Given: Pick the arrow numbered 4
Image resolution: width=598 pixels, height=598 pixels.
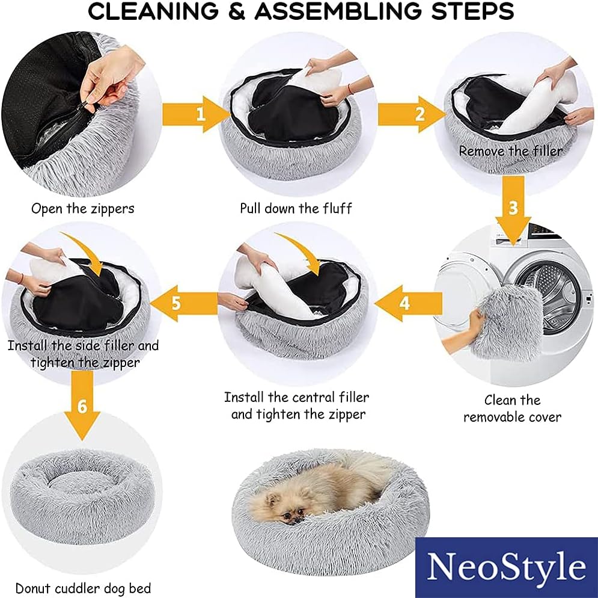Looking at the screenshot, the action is [409, 304].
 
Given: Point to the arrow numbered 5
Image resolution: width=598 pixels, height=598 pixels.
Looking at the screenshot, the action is [184, 304].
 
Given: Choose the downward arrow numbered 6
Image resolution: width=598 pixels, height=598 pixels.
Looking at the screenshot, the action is [82, 405].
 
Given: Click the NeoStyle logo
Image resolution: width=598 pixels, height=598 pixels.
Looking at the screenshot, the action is [507, 567].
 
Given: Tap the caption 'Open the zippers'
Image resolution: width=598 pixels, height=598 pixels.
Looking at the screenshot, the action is [83, 209].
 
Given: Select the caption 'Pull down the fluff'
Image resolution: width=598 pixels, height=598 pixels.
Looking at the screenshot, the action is [296, 209].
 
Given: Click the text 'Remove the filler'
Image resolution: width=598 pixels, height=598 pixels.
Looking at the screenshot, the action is [511, 151].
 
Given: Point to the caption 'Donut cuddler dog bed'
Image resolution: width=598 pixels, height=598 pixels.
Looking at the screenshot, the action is [83, 588].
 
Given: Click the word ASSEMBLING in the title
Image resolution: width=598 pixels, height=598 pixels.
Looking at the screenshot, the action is [338, 11].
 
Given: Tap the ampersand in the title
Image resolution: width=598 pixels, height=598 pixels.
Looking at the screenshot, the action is [237, 11].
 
